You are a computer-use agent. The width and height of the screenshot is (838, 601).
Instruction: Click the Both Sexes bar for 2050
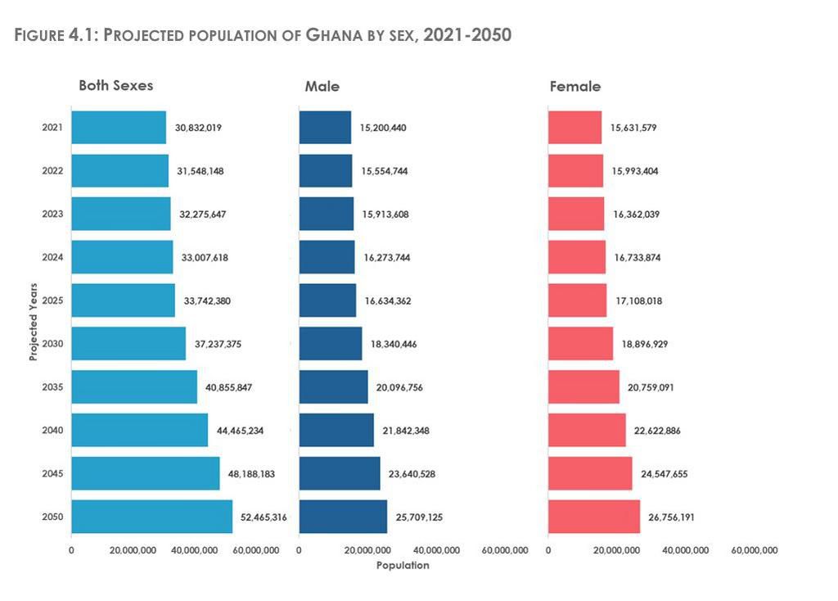coord(151,517)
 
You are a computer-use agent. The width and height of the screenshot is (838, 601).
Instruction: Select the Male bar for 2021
coord(325,128)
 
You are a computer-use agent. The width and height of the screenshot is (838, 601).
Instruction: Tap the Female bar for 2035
coord(583,387)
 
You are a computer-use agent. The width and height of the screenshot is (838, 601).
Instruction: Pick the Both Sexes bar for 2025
coord(123,300)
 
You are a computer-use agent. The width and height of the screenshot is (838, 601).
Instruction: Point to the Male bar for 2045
coord(339,473)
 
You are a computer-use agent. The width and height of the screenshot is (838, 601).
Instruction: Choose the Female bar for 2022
coord(574,171)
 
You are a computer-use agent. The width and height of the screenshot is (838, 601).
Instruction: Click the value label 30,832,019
coord(198,128)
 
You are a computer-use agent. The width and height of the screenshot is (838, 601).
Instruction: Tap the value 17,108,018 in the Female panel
coord(638,301)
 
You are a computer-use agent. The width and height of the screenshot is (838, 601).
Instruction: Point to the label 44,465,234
coord(240,431)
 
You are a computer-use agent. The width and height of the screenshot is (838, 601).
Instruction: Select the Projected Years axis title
coord(34,321)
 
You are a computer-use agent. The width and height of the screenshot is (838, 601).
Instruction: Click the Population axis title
coord(402,565)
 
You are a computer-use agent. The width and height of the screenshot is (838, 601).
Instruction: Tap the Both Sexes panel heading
coord(115,85)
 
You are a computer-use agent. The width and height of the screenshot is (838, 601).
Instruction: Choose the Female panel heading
coord(575,86)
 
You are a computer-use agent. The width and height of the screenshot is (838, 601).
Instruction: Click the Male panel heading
coord(322,86)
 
